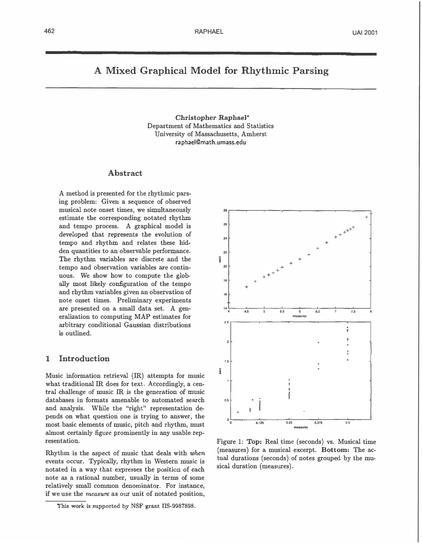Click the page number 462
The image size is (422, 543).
(50, 32)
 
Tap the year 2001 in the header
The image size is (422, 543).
(370, 33)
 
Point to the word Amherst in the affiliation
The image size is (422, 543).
(254, 134)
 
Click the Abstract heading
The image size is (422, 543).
(125, 173)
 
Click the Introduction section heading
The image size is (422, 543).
(84, 358)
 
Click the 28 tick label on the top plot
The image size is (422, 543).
(225, 210)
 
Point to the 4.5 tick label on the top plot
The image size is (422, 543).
(246, 312)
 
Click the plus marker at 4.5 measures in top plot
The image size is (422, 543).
(246, 287)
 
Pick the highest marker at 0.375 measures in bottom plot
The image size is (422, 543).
(318, 343)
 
